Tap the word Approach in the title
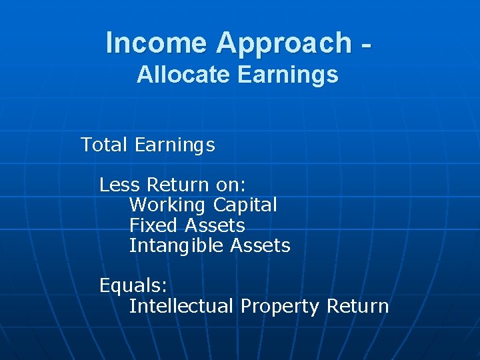click(x=283, y=43)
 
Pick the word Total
click(x=103, y=145)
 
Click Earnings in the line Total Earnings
click(x=175, y=145)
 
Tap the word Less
click(x=120, y=184)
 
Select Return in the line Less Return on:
click(x=178, y=184)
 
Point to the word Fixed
click(x=154, y=225)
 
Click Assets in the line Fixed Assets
click(x=215, y=225)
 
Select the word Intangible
click(x=176, y=246)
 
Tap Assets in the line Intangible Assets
click(x=260, y=245)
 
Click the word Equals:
click(x=133, y=286)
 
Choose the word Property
click(x=280, y=307)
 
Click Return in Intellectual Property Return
click(x=357, y=306)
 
